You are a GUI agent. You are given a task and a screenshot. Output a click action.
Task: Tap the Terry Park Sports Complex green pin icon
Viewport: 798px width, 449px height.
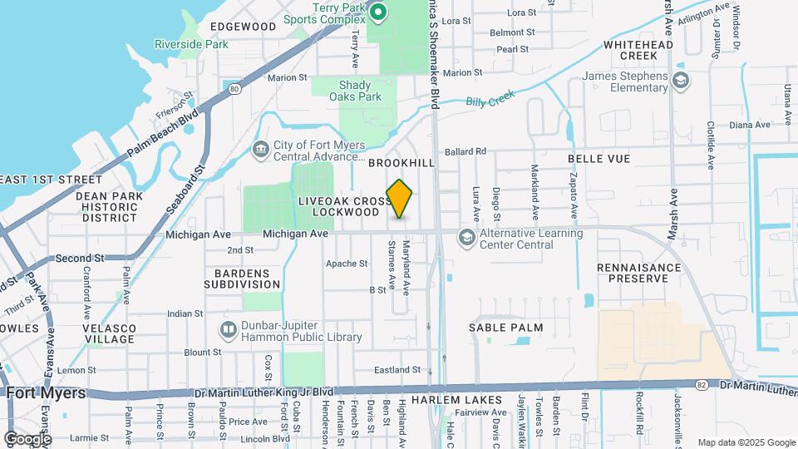click(x=378, y=12)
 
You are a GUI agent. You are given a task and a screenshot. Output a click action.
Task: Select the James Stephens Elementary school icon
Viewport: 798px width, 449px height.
click(x=681, y=80)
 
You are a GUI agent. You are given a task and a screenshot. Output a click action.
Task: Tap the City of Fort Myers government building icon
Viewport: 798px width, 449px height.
click(x=259, y=150)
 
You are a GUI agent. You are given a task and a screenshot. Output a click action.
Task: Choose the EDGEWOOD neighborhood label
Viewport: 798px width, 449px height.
click(x=244, y=27)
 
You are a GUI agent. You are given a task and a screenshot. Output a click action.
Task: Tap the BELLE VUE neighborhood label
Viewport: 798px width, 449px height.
click(x=598, y=158)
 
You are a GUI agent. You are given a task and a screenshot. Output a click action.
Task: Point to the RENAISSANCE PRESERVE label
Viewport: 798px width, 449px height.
click(x=638, y=273)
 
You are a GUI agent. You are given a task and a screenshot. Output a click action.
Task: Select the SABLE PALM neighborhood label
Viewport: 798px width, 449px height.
click(x=505, y=328)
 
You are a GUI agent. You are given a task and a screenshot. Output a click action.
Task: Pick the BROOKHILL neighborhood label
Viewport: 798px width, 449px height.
click(x=401, y=163)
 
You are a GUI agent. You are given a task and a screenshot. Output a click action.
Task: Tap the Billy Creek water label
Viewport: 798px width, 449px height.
click(x=487, y=101)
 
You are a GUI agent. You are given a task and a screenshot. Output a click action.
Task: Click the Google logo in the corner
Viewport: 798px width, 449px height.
click(x=27, y=439)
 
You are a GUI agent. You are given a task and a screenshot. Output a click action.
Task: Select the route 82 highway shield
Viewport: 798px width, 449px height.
click(x=702, y=384)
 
